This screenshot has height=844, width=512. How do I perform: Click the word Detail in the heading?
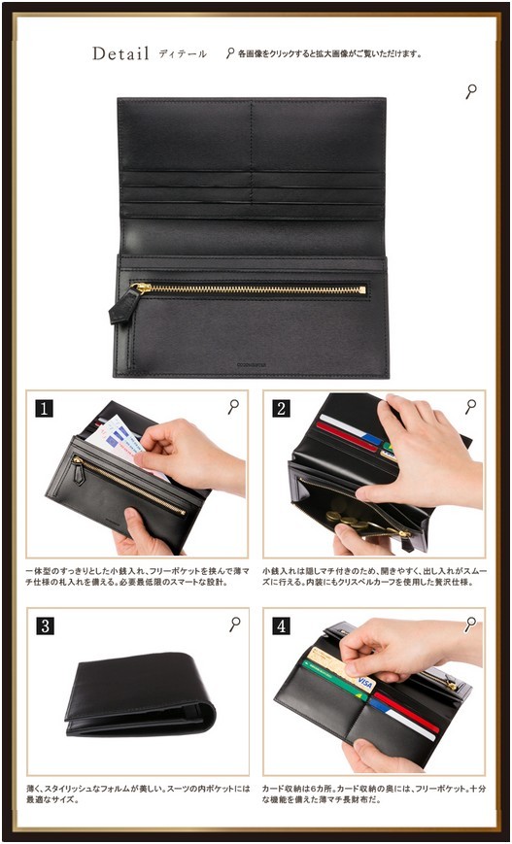click(120, 53)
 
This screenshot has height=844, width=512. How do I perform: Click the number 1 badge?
click(44, 409)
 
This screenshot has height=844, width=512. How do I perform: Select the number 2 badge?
click(281, 409)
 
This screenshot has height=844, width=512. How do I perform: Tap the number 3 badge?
click(46, 626)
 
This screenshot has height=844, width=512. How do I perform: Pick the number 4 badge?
click(281, 626)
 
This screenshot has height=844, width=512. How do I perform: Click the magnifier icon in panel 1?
click(233, 406)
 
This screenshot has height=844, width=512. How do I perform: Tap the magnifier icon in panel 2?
click(470, 406)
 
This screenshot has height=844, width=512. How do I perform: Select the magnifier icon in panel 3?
click(235, 625)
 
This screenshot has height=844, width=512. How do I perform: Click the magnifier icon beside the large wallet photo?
click(471, 91)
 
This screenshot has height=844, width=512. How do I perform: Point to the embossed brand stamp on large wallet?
click(252, 364)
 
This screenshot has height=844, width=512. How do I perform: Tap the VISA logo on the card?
click(365, 684)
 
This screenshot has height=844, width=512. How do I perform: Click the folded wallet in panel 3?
click(140, 693)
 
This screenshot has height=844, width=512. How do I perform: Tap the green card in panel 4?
click(334, 682)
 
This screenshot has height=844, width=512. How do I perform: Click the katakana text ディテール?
click(183, 53)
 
